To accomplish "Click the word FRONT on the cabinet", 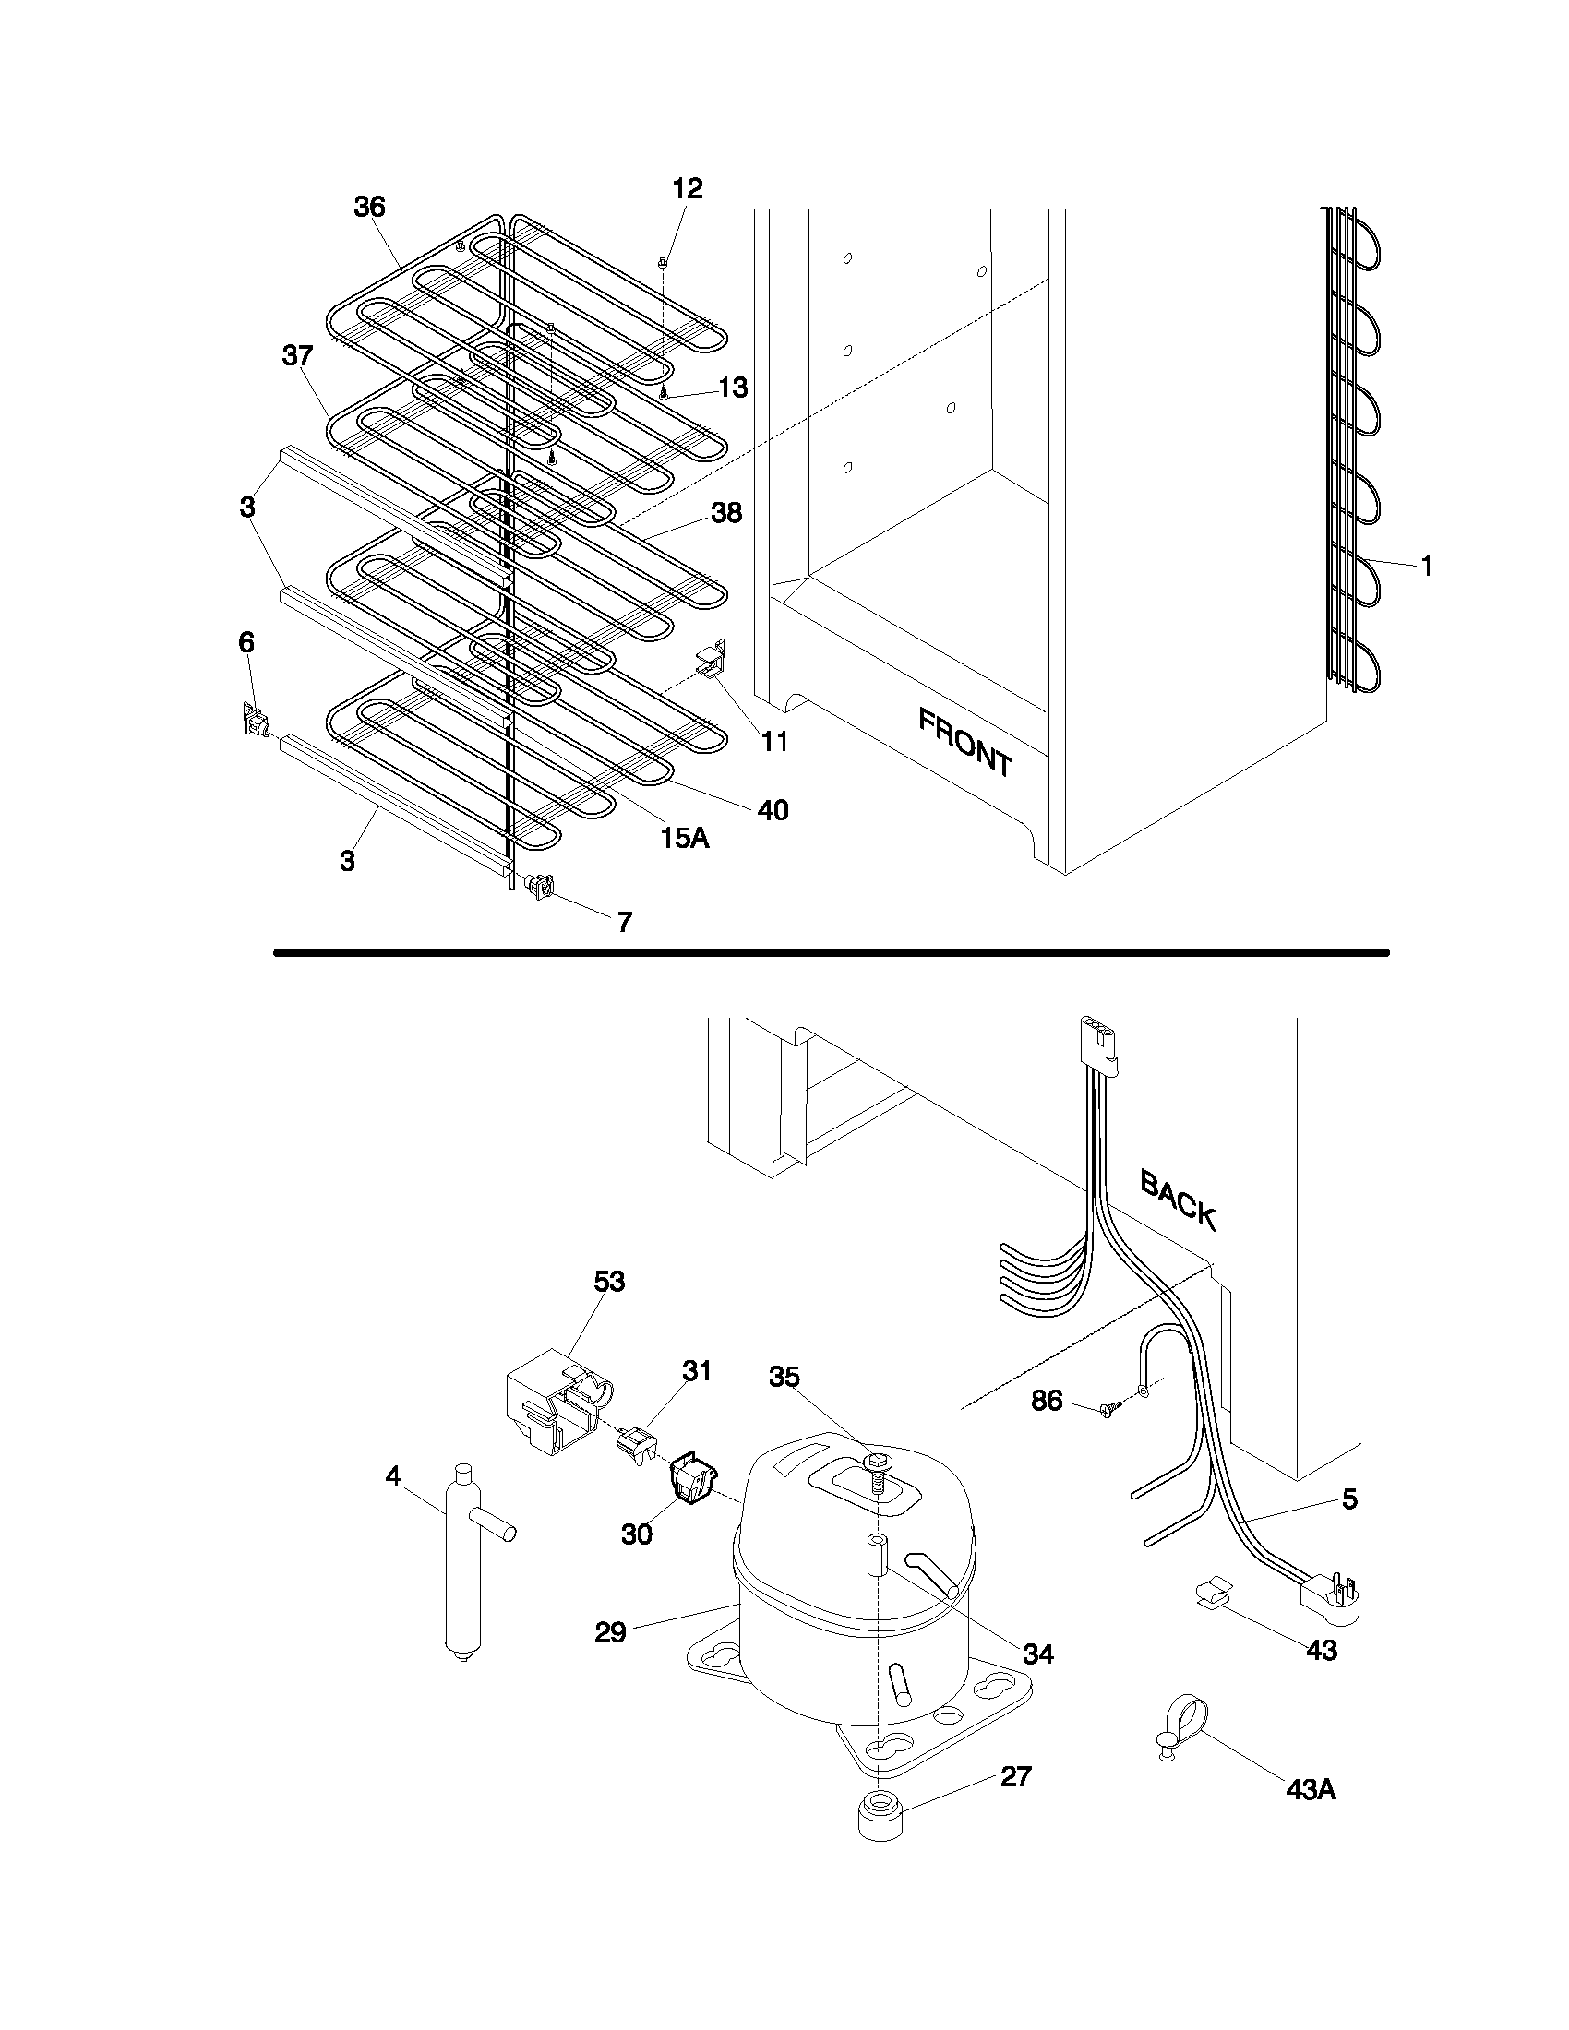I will pyautogui.click(x=964, y=742).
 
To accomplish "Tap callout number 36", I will pyautogui.click(x=369, y=207).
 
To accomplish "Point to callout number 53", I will pyautogui.click(x=610, y=1281).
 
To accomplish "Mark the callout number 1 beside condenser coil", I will pyautogui.click(x=1425, y=564).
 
